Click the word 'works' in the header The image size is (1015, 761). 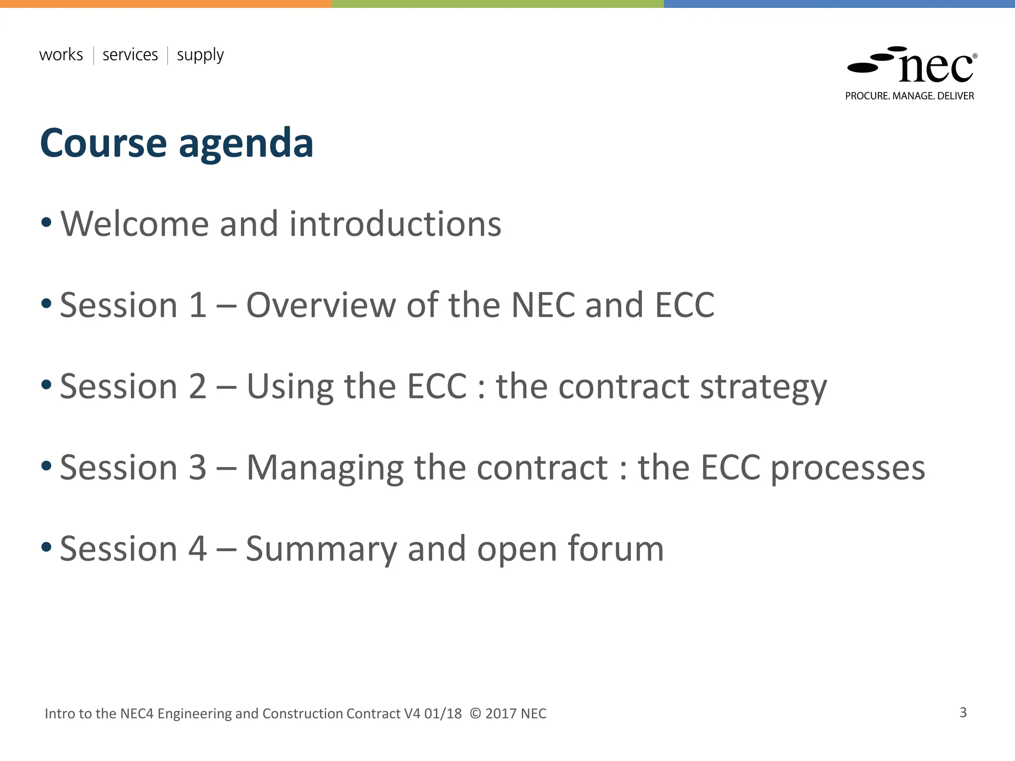tap(61, 54)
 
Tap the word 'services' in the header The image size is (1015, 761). tap(130, 54)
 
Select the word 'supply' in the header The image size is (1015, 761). tap(200, 55)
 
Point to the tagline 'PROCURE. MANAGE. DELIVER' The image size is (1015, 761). tap(909, 96)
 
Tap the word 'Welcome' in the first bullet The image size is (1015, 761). tap(134, 224)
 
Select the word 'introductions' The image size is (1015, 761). tap(395, 224)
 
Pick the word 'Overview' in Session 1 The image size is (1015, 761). tap(321, 305)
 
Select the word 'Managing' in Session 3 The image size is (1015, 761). tap(325, 469)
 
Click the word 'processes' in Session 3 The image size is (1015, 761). tap(848, 469)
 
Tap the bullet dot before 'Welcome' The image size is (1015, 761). tap(47, 222)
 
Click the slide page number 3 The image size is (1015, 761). tap(963, 712)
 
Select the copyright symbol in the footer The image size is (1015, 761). tap(475, 713)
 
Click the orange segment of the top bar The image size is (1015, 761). tap(166, 3)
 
